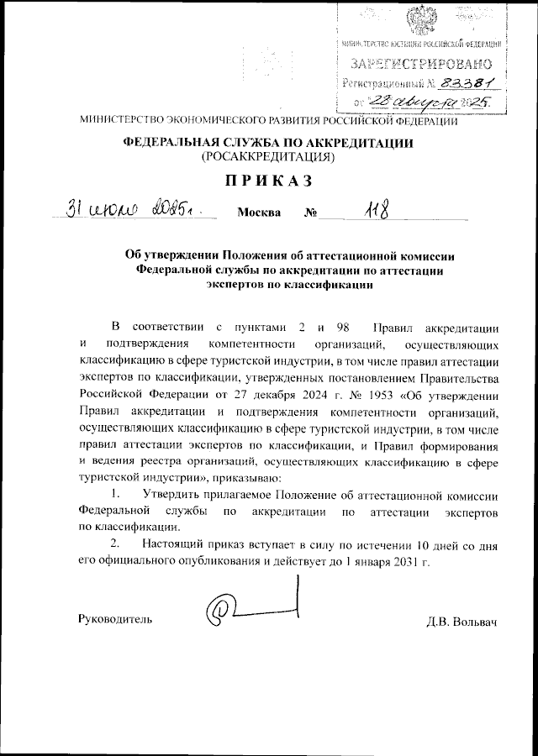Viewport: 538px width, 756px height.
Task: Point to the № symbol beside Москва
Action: [x=310, y=212]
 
